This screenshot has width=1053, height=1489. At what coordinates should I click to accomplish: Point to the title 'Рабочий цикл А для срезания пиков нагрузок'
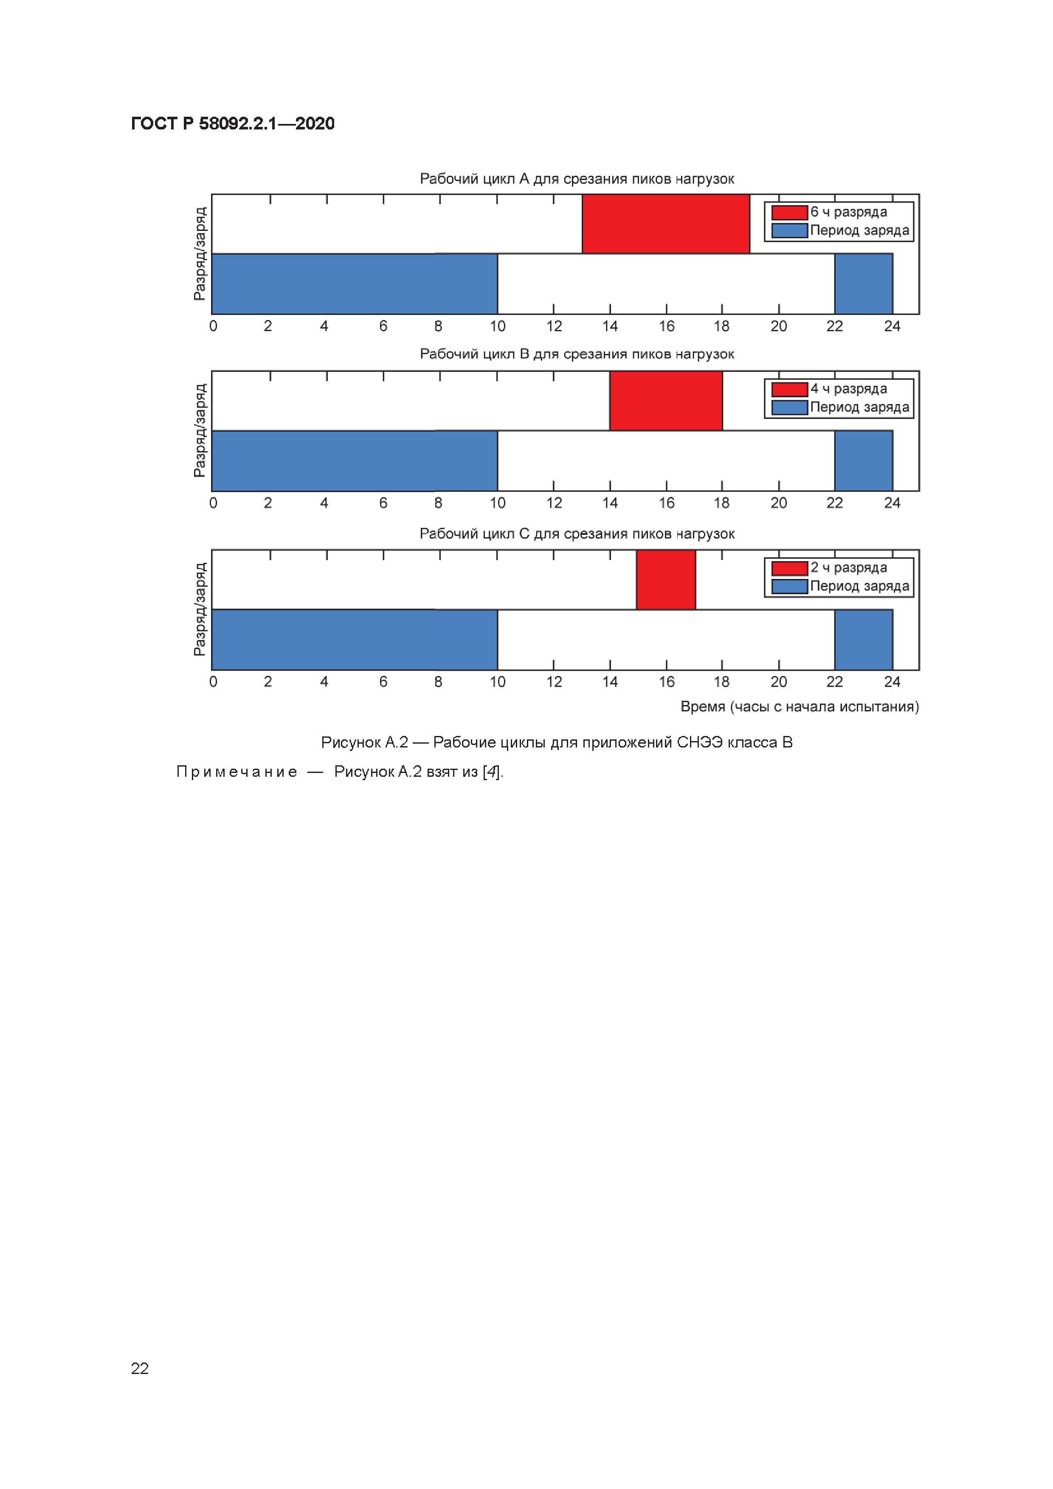coord(577,179)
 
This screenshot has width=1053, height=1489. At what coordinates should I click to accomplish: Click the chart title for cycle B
coord(577,354)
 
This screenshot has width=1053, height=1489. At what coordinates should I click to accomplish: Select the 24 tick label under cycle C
coord(892,682)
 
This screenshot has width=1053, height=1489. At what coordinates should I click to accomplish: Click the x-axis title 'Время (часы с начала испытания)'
coord(800,706)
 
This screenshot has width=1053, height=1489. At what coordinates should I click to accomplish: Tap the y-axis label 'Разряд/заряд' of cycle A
coord(200,253)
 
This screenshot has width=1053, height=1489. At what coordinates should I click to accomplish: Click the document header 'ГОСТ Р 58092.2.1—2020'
coord(232,123)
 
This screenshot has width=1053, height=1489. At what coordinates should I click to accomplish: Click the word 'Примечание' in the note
coord(237,772)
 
